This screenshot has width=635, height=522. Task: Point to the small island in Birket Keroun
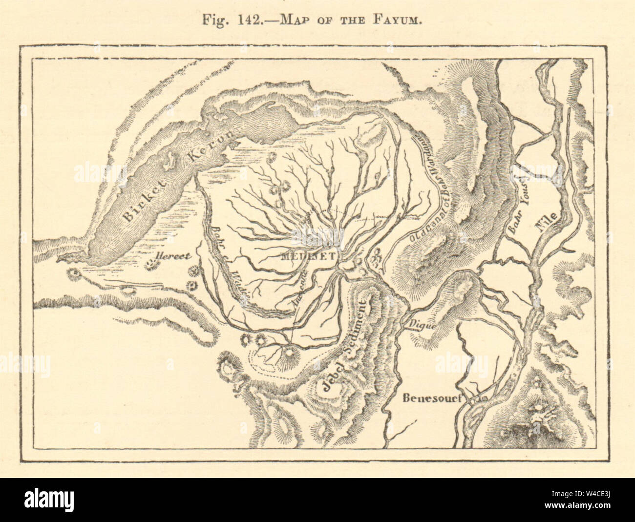tap(171, 160)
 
